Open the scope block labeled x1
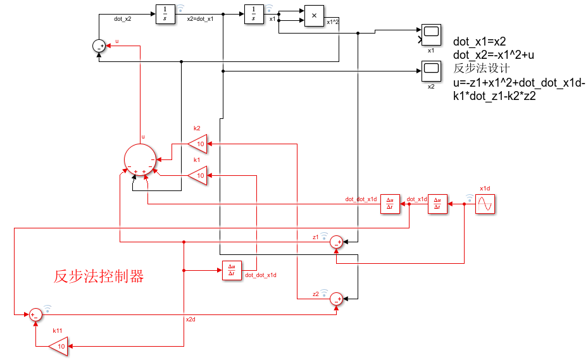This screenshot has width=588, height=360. [431, 34]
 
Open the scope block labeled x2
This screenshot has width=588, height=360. [431, 69]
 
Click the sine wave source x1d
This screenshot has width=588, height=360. [485, 204]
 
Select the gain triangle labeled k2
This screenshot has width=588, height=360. [198, 144]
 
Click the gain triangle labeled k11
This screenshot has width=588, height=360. [59, 346]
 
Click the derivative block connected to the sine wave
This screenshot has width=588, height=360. [437, 204]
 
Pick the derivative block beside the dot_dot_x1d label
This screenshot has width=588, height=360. [390, 204]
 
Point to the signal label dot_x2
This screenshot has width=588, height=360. [123, 19]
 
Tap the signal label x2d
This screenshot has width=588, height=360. [191, 320]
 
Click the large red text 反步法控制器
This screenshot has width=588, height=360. [99, 276]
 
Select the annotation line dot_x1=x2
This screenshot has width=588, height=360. [479, 42]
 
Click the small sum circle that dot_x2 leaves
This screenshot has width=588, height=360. [98, 46]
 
